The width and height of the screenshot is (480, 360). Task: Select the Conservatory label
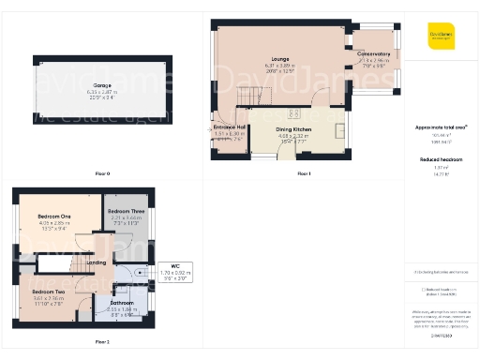pos(374,54)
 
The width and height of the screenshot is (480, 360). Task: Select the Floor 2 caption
pos(102,342)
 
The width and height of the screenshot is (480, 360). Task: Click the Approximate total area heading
pos(441,127)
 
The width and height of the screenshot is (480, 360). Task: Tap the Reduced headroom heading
pos(441,159)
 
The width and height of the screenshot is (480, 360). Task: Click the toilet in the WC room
pos(140,274)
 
